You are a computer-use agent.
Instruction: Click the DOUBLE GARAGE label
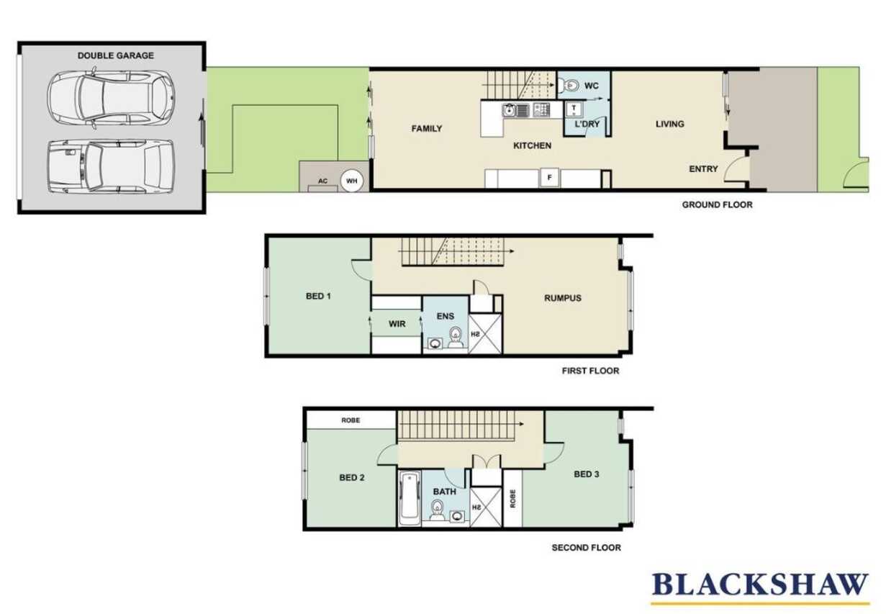(x=115, y=55)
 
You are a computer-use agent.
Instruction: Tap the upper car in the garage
(x=111, y=98)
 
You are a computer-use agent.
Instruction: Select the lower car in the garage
(x=111, y=166)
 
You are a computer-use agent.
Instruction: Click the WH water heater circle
(x=351, y=181)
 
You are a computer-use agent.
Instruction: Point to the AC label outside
(x=322, y=181)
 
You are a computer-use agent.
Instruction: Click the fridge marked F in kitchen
(x=549, y=178)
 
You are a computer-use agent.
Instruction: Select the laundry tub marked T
(x=574, y=109)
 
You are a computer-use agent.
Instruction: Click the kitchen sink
(x=515, y=110)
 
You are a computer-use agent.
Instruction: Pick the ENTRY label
(x=703, y=169)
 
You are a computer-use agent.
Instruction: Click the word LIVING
(x=669, y=124)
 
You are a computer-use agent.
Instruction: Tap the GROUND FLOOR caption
(x=717, y=204)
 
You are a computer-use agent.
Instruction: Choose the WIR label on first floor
(x=397, y=324)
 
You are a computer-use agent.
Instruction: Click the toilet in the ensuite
(x=456, y=338)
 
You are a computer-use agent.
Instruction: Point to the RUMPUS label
(x=563, y=298)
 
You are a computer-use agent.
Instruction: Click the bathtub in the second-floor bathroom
(x=410, y=499)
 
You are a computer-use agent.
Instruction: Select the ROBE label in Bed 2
(x=351, y=420)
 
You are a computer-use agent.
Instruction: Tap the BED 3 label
(x=586, y=474)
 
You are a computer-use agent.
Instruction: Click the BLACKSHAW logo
(x=760, y=584)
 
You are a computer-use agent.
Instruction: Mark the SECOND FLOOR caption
(x=586, y=548)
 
